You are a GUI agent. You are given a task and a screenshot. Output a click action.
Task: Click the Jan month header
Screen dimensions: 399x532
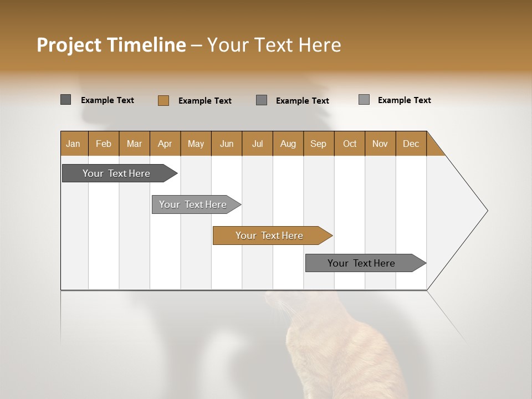[73, 144]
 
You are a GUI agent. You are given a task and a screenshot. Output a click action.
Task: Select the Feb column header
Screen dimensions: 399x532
[104, 144]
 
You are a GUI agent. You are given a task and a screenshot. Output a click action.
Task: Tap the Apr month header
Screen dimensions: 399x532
[165, 144]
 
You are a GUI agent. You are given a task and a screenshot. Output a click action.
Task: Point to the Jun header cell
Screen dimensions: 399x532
[227, 144]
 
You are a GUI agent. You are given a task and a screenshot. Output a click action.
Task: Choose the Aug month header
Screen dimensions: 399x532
[288, 144]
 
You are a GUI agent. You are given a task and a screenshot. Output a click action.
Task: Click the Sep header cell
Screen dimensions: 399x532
[318, 144]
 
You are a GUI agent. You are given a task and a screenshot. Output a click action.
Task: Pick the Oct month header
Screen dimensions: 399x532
[350, 144]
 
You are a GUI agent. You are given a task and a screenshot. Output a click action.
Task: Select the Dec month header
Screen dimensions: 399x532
[411, 144]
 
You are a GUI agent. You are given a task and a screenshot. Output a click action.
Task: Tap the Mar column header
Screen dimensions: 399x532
[134, 144]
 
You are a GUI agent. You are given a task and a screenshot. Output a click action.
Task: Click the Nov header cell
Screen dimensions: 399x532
[380, 144]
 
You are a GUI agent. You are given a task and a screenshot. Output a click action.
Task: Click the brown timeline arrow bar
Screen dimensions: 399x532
[269, 236]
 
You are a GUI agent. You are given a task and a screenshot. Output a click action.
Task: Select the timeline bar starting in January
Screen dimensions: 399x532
[116, 173]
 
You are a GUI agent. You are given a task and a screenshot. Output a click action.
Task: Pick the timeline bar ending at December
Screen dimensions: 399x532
[361, 263]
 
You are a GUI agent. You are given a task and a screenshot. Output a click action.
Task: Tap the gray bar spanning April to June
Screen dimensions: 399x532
[193, 204]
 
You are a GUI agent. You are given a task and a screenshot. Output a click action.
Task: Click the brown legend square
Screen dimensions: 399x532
[163, 100]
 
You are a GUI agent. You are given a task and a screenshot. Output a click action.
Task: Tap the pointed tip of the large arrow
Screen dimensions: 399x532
[485, 211]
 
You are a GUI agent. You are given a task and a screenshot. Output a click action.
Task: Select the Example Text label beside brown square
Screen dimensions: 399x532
[205, 101]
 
